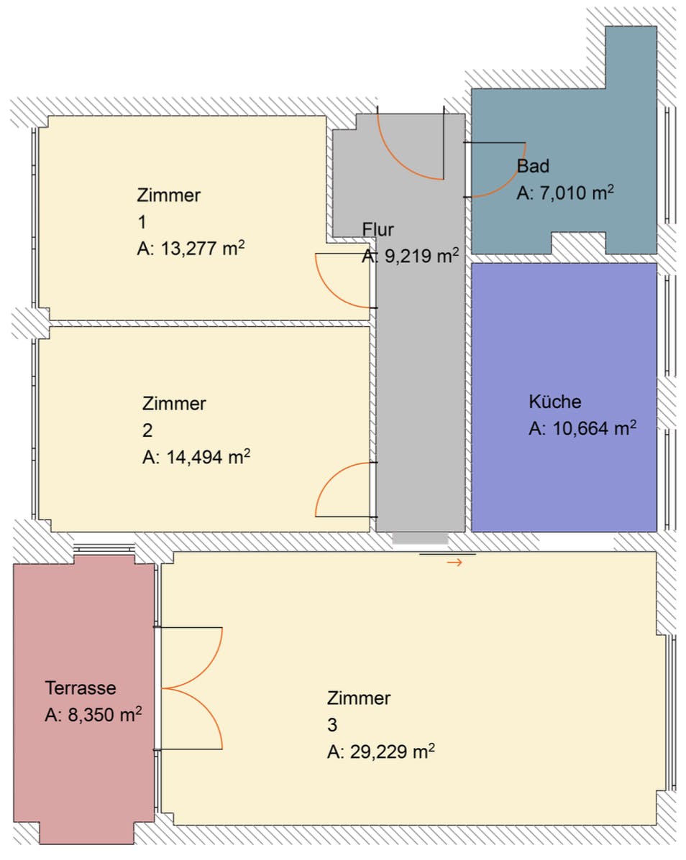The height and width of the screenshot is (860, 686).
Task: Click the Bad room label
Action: (533, 166)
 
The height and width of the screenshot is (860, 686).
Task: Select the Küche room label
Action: (554, 402)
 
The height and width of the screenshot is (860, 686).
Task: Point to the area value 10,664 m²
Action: (582, 429)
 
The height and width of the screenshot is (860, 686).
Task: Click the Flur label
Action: (378, 229)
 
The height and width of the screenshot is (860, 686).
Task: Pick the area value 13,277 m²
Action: (191, 249)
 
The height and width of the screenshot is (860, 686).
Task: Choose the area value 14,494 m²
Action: (196, 458)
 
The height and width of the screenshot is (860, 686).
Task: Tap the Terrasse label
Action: (81, 688)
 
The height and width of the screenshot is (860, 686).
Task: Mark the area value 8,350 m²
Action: (93, 716)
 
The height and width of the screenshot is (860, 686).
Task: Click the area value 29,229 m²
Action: (381, 752)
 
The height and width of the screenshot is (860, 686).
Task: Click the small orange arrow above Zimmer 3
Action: (454, 563)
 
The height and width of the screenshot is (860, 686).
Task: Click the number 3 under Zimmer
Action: (331, 725)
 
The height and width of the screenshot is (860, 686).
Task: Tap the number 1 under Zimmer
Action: (141, 221)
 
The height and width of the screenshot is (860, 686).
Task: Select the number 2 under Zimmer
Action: (147, 430)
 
